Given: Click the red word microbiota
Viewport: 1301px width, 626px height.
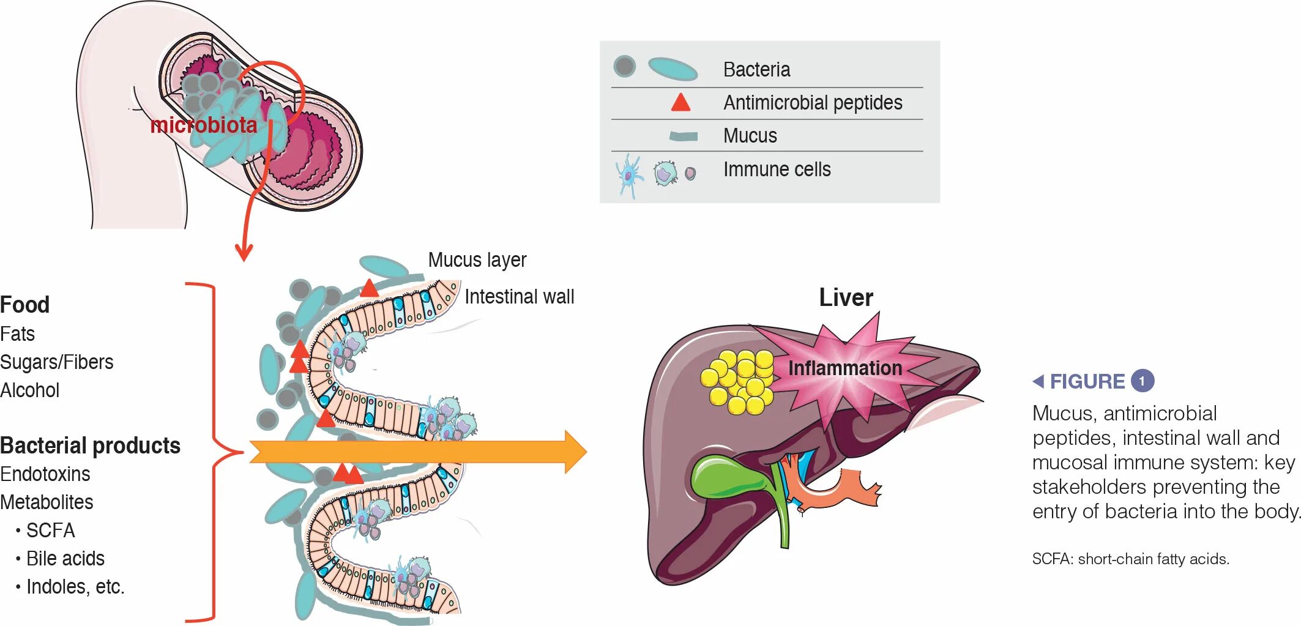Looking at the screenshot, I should (203, 125).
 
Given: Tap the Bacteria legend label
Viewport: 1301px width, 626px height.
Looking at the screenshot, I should (756, 70).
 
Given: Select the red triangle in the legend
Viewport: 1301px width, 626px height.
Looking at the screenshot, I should (680, 102).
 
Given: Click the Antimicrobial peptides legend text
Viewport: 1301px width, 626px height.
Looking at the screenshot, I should (812, 103).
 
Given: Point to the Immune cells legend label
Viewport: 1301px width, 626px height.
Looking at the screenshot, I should (777, 170).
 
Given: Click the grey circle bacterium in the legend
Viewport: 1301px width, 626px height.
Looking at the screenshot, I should (624, 66).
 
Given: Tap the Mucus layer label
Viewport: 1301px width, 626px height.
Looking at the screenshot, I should (477, 260).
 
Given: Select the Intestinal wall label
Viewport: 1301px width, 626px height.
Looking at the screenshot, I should (519, 297).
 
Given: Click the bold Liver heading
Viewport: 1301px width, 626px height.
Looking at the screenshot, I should (846, 298).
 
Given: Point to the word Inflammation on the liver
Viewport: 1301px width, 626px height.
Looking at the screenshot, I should (844, 368).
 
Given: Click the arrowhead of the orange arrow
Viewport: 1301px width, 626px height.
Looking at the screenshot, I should (575, 452).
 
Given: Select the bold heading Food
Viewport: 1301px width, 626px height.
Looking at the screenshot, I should (25, 305).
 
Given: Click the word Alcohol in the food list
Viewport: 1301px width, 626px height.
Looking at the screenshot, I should (30, 390).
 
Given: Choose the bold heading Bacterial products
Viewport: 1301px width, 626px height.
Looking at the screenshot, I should (90, 445).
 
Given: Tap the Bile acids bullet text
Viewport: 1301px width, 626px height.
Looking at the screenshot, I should (65, 559).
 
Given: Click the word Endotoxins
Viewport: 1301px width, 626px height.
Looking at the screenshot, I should (45, 474).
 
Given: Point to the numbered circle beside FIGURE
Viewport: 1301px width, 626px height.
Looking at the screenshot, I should (1142, 381).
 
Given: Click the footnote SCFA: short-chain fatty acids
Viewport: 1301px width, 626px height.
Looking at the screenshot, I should (1130, 559).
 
